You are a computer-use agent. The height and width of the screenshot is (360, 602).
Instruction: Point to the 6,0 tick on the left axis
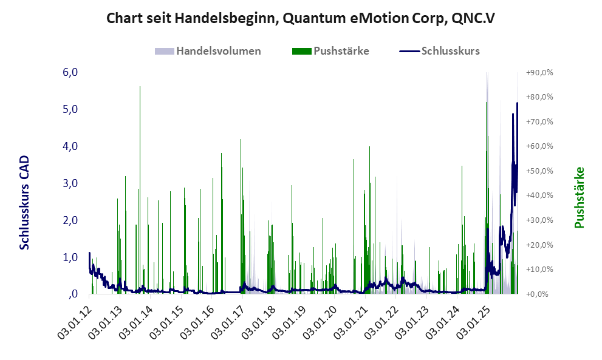click(70, 72)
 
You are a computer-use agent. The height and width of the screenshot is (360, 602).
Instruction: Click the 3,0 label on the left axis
click(70, 183)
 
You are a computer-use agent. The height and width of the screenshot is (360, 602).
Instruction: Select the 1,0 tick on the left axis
click(70, 257)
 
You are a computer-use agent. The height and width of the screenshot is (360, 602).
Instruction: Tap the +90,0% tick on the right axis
click(539, 72)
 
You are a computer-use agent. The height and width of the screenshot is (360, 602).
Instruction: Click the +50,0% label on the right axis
click(539, 171)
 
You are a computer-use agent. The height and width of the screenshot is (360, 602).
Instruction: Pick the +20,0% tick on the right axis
click(539, 245)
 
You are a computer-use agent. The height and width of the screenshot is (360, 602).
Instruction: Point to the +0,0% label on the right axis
click(539, 294)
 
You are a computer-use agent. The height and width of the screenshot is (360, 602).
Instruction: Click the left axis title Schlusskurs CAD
click(25, 202)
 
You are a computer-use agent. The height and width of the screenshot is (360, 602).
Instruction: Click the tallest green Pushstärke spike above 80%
click(140, 88)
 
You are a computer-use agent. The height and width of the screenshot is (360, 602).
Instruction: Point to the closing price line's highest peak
click(517, 104)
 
